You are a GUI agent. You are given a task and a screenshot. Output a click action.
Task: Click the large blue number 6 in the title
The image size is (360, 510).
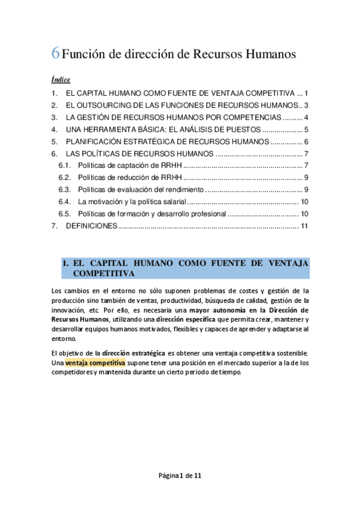point(55,54)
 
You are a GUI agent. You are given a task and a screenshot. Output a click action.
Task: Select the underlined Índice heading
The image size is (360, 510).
point(61,79)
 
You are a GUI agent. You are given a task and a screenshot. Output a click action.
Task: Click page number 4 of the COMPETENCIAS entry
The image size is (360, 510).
point(306,117)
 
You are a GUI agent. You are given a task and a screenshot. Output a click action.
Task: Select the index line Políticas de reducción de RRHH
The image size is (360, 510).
point(130,177)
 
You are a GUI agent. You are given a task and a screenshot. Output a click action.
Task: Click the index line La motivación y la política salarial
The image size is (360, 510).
point(133,201)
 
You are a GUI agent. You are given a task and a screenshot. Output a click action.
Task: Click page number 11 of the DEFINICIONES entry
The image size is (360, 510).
point(304,226)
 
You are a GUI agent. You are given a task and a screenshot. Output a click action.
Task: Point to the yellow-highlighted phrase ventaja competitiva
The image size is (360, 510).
point(96,363)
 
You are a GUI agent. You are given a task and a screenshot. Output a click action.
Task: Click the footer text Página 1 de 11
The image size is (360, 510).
point(180,475)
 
